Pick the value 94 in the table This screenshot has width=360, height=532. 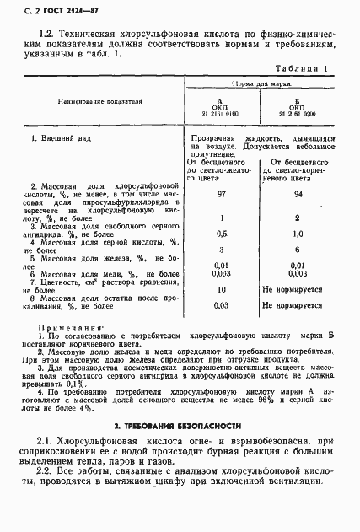coord(297,195)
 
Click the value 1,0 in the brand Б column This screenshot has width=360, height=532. coord(297,233)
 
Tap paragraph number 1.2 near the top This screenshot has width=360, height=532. coord(48,30)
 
